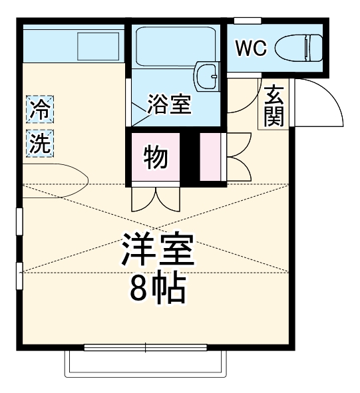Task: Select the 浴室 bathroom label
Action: [170, 104]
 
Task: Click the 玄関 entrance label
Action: [273, 106]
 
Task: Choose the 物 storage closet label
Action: [156, 158]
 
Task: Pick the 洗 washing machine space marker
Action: [41, 143]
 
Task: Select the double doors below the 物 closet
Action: [155, 198]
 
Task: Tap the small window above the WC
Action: [246, 21]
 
